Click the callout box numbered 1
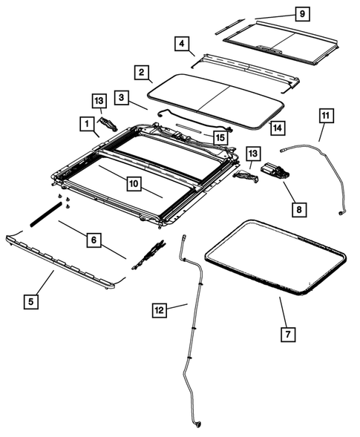(87, 123)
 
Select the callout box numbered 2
(140, 73)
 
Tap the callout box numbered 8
(298, 210)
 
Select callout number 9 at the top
(301, 13)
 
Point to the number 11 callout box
(327, 116)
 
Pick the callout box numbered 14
(277, 128)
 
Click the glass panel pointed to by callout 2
(215, 97)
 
